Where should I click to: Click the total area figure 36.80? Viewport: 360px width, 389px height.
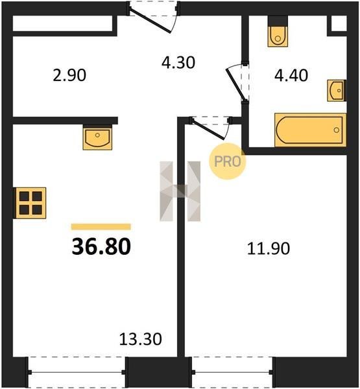click(101, 246)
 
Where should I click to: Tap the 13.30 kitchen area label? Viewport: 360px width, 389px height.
click(140, 339)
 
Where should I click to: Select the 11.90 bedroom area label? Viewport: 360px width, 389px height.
click(269, 248)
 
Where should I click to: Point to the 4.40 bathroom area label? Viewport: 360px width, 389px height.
click(291, 75)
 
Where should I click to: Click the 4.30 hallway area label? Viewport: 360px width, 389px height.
click(178, 62)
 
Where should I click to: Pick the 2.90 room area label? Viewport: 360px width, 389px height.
click(69, 75)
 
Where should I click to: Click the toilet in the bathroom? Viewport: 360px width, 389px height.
click(278, 32)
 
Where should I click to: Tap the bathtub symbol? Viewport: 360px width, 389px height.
click(310, 130)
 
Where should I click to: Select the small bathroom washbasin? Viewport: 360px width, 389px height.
click(337, 91)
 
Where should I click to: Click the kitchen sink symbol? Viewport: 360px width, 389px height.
click(97, 137)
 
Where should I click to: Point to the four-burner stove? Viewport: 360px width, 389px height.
click(30, 203)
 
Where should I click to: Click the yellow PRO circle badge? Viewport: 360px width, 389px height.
click(228, 161)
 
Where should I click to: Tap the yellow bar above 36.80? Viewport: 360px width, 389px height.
click(101, 227)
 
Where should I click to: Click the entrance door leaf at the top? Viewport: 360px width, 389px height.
click(150, 21)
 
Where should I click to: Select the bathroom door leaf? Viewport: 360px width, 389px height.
click(237, 84)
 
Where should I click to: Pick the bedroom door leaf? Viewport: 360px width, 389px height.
click(208, 129)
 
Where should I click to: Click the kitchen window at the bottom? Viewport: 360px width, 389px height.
click(77, 372)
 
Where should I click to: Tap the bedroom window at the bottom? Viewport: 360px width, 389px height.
click(232, 372)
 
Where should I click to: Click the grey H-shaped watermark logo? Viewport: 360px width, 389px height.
click(180, 191)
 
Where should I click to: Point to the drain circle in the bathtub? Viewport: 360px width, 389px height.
click(337, 130)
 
